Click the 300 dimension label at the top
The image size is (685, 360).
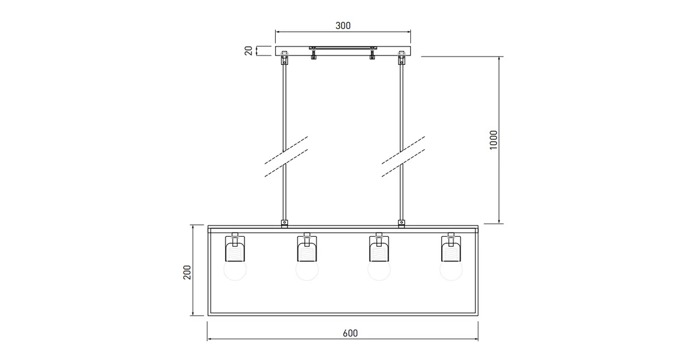[343, 25]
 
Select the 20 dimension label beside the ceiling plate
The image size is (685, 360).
[249, 51]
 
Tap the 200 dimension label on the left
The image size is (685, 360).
[187, 271]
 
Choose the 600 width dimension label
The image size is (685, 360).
[350, 333]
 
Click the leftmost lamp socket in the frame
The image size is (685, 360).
[235, 248]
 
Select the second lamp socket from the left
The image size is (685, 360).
[307, 248]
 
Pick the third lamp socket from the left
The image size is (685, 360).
[379, 248]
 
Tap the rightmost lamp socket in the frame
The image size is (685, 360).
[451, 248]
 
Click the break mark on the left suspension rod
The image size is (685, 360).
[286, 156]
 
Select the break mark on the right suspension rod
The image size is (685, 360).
[403, 156]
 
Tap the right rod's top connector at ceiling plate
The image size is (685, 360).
[402, 57]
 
